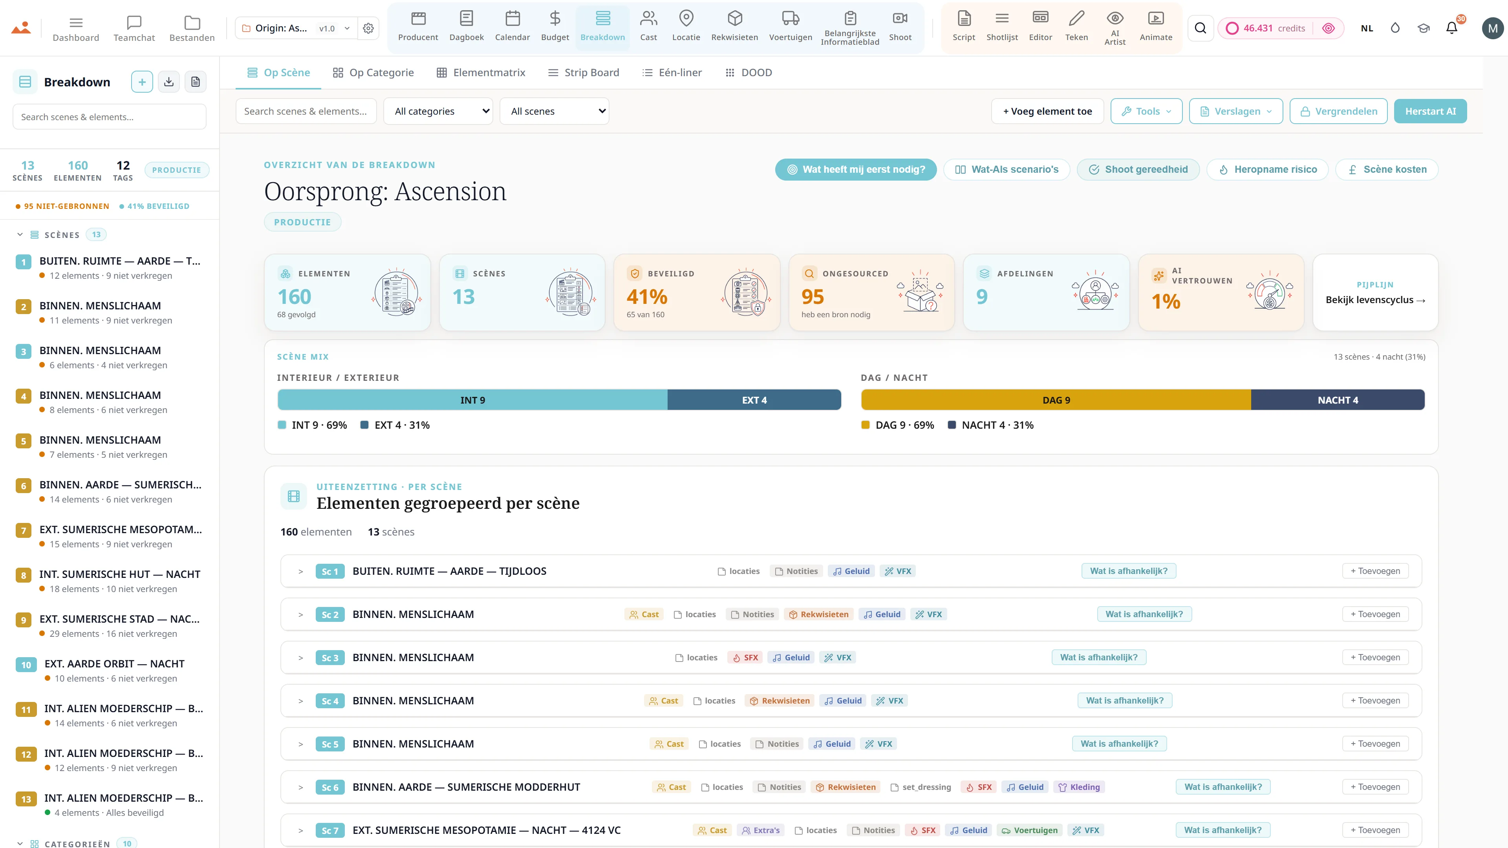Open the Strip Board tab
pyautogui.click(x=583, y=73)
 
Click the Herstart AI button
pyautogui.click(x=1430, y=111)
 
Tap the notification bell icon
pyautogui.click(x=1452, y=28)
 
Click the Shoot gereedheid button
pyautogui.click(x=1138, y=169)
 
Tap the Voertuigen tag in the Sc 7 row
pyautogui.click(x=1029, y=830)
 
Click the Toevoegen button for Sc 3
pyautogui.click(x=1375, y=657)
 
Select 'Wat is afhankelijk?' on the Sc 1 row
pyautogui.click(x=1129, y=571)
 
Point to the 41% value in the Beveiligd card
pyautogui.click(x=647, y=297)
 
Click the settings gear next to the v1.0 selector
pyautogui.click(x=368, y=28)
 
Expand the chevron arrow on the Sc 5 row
pyautogui.click(x=300, y=744)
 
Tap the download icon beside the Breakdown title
pyautogui.click(x=168, y=82)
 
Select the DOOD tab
pyautogui.click(x=749, y=73)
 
